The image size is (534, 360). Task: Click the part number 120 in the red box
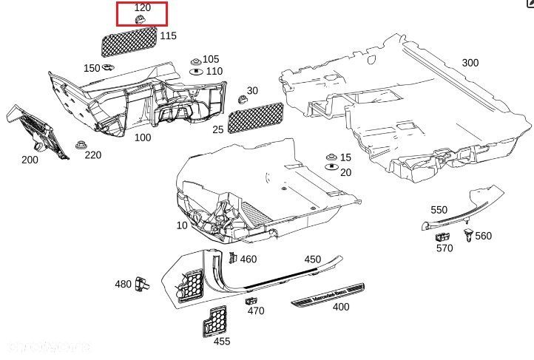click(142, 7)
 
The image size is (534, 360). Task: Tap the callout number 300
click(470, 63)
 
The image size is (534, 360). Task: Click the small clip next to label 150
click(108, 67)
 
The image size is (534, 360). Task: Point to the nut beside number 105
click(195, 60)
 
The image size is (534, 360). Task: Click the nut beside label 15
click(331, 159)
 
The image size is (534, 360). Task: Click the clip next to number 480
click(143, 282)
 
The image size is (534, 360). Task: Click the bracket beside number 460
click(231, 258)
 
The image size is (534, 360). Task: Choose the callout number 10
click(182, 225)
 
